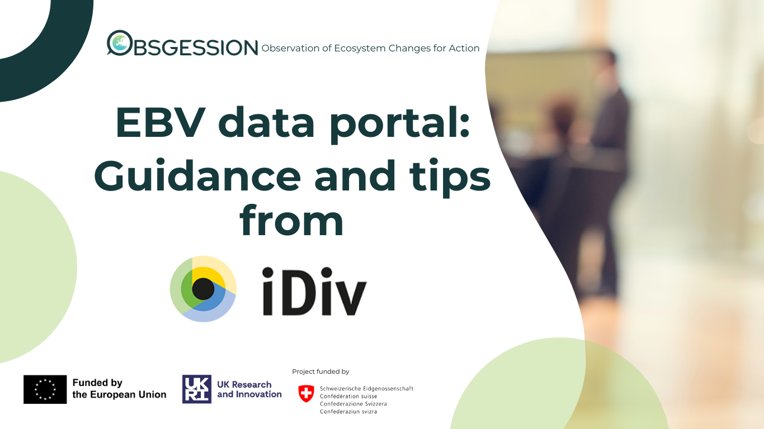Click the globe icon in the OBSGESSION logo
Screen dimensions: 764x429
pyautogui.click(x=119, y=42)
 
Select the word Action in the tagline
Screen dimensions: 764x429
pyautogui.click(x=464, y=48)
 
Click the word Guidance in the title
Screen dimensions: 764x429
pyautogui.click(x=197, y=176)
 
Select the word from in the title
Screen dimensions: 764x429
pyautogui.click(x=291, y=221)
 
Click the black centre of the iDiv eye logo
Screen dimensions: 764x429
pyautogui.click(x=203, y=289)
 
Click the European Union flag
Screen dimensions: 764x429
pyautogui.click(x=45, y=389)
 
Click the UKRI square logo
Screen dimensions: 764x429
pyautogui.click(x=197, y=389)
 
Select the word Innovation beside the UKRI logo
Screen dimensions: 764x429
pyautogui.click(x=258, y=394)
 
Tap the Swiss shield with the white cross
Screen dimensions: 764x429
pyautogui.click(x=306, y=394)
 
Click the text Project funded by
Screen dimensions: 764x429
pyautogui.click(x=320, y=371)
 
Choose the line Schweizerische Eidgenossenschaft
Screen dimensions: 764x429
pyautogui.click(x=366, y=389)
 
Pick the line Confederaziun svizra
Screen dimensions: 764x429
pyautogui.click(x=348, y=412)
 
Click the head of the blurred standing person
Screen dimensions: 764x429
pyautogui.click(x=606, y=65)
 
